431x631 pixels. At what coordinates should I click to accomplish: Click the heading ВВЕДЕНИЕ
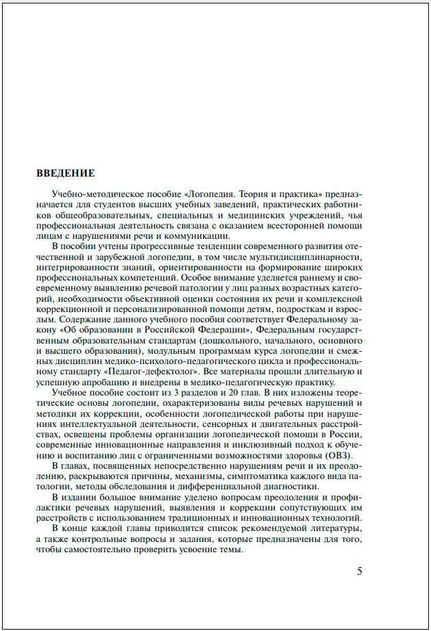point(65,173)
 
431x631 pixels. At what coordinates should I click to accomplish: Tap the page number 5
point(360,571)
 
